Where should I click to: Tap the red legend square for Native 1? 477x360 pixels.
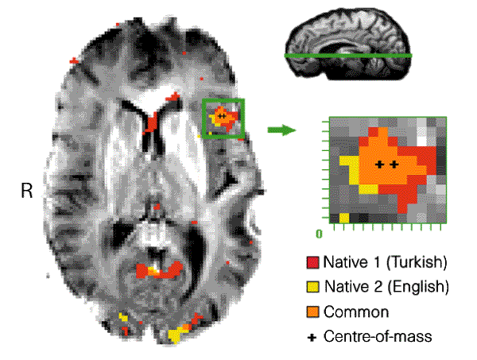(x=312, y=261)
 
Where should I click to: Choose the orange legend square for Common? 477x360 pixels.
(x=312, y=312)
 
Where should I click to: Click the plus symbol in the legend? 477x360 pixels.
(x=312, y=337)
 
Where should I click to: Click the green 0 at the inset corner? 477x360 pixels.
(x=319, y=234)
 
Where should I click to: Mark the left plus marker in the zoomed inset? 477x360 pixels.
(x=380, y=165)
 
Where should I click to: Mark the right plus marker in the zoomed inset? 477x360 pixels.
(x=394, y=165)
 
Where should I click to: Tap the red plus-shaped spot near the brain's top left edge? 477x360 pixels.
(x=75, y=60)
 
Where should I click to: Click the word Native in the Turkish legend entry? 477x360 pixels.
(x=343, y=261)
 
